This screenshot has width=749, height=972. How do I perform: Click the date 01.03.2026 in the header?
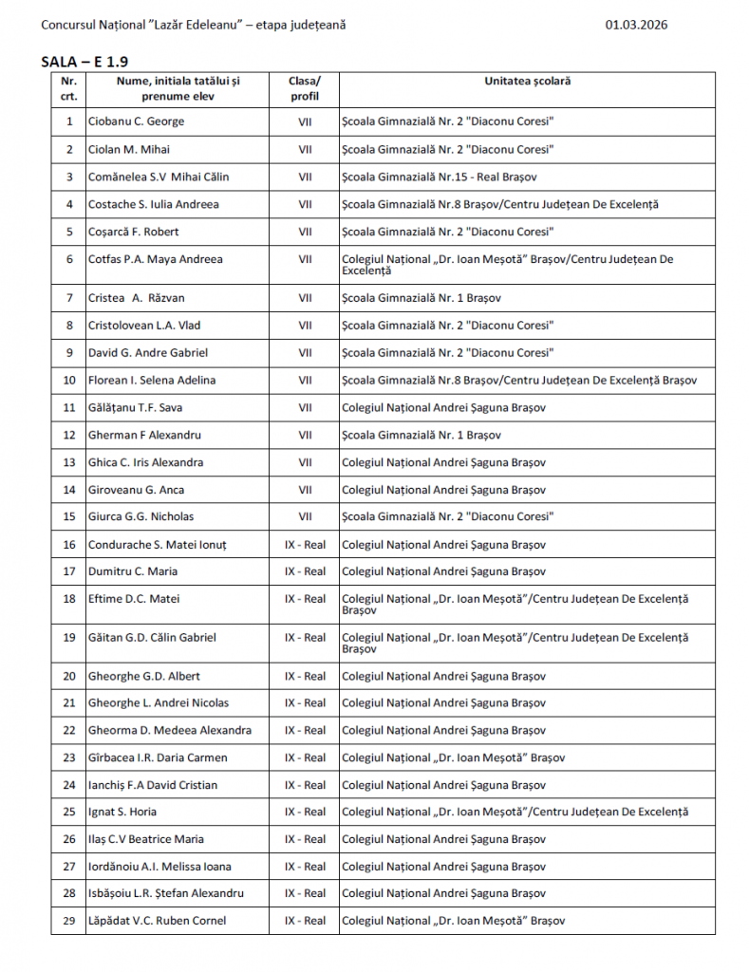coord(636,25)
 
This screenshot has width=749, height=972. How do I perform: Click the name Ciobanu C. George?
coord(136,121)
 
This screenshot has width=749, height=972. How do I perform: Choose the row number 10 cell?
coord(68,381)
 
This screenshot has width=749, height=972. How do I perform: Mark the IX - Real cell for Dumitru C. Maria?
coord(305,571)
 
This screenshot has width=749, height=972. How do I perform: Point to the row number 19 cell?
coord(68,638)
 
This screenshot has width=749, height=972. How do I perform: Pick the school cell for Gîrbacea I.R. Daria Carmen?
coord(453,757)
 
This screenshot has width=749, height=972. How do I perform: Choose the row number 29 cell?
coord(68,921)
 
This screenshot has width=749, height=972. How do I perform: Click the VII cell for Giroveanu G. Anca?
coord(305,490)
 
